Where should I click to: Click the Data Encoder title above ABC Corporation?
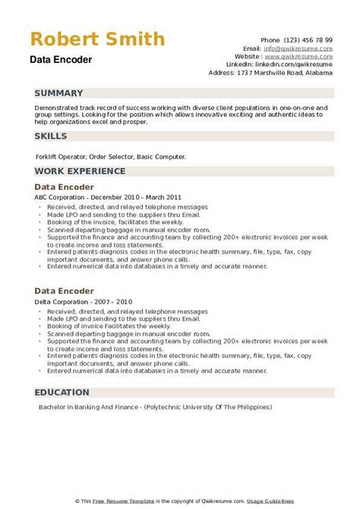pos(64,187)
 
